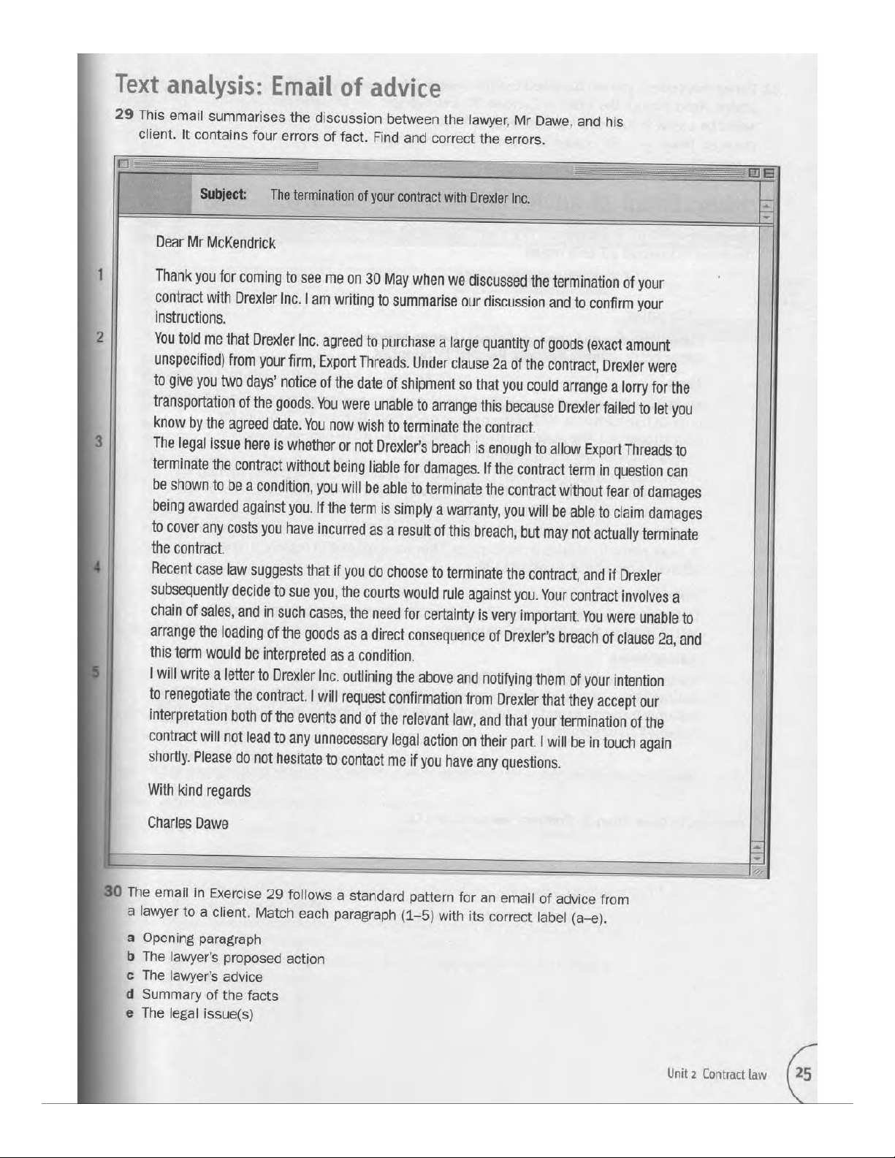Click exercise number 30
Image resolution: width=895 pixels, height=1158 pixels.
click(x=113, y=891)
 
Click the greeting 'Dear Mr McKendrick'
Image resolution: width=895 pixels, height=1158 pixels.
click(x=216, y=243)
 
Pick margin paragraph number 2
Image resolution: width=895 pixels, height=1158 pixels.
click(x=100, y=338)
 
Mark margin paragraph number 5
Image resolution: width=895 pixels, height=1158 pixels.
click(x=96, y=673)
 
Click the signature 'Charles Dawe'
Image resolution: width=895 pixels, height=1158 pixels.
click(x=188, y=823)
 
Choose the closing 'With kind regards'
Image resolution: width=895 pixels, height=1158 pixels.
click(x=199, y=791)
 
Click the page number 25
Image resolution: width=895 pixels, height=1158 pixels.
click(x=804, y=1073)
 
